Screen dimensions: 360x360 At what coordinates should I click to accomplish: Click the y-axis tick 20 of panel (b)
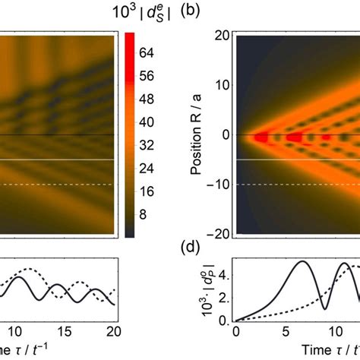pos(222,34)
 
